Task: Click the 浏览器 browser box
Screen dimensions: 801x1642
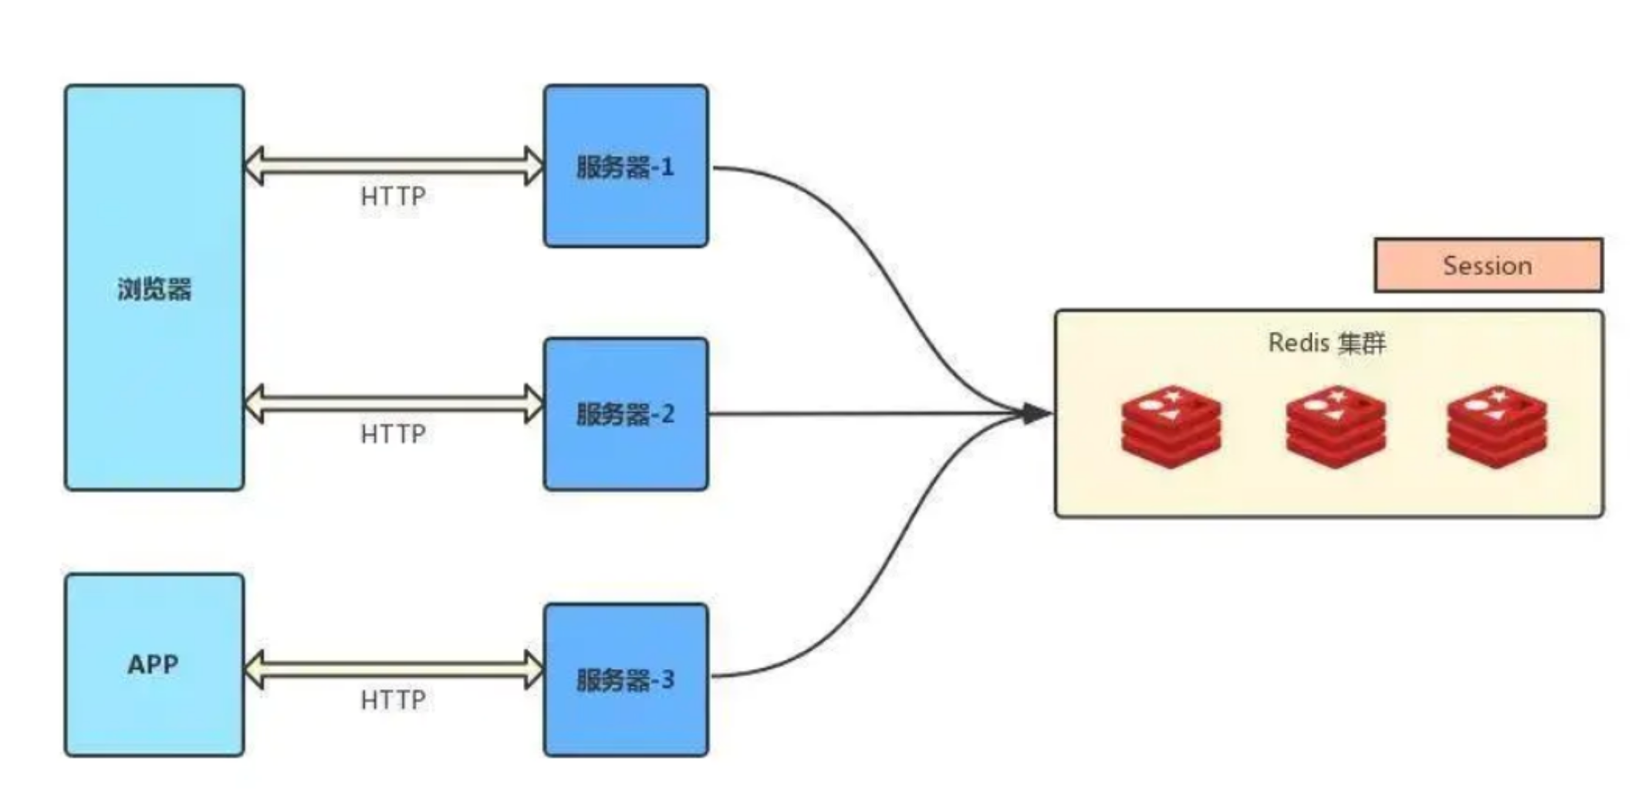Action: click(x=154, y=287)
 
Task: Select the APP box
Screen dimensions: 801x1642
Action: click(x=154, y=664)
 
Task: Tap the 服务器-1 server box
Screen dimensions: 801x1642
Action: click(x=626, y=167)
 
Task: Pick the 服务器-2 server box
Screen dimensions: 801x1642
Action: click(x=626, y=414)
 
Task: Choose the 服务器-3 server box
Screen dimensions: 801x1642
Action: click(x=626, y=680)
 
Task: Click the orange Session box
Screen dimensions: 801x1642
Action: click(x=1488, y=265)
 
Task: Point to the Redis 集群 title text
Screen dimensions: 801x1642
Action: click(x=1327, y=343)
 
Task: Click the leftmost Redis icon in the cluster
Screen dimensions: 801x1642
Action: click(x=1171, y=427)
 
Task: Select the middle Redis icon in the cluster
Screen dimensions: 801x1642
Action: click(x=1336, y=427)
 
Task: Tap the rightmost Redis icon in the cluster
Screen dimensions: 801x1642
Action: click(x=1497, y=427)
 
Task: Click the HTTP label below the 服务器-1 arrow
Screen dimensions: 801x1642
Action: click(x=393, y=197)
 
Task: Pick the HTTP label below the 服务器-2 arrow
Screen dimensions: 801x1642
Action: click(x=393, y=434)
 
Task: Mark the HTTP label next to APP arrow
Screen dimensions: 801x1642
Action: click(x=393, y=700)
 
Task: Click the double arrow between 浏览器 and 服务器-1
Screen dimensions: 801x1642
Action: click(x=394, y=166)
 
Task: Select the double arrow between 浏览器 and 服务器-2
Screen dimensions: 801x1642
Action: click(x=394, y=403)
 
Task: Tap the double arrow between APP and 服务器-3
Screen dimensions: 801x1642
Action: click(x=394, y=669)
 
